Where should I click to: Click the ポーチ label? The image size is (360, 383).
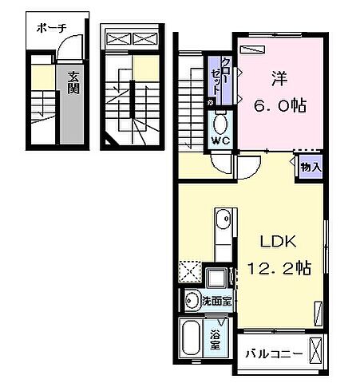(x=50, y=28)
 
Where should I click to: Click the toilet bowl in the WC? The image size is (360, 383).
(x=220, y=123)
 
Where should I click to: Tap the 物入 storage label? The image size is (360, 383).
(x=311, y=167)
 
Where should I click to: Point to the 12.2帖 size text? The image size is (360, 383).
(x=279, y=267)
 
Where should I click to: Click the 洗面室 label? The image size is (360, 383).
(x=216, y=302)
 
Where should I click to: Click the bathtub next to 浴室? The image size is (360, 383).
(x=192, y=342)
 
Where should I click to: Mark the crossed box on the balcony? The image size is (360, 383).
(x=318, y=350)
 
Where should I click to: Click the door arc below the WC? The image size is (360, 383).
(x=246, y=167)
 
